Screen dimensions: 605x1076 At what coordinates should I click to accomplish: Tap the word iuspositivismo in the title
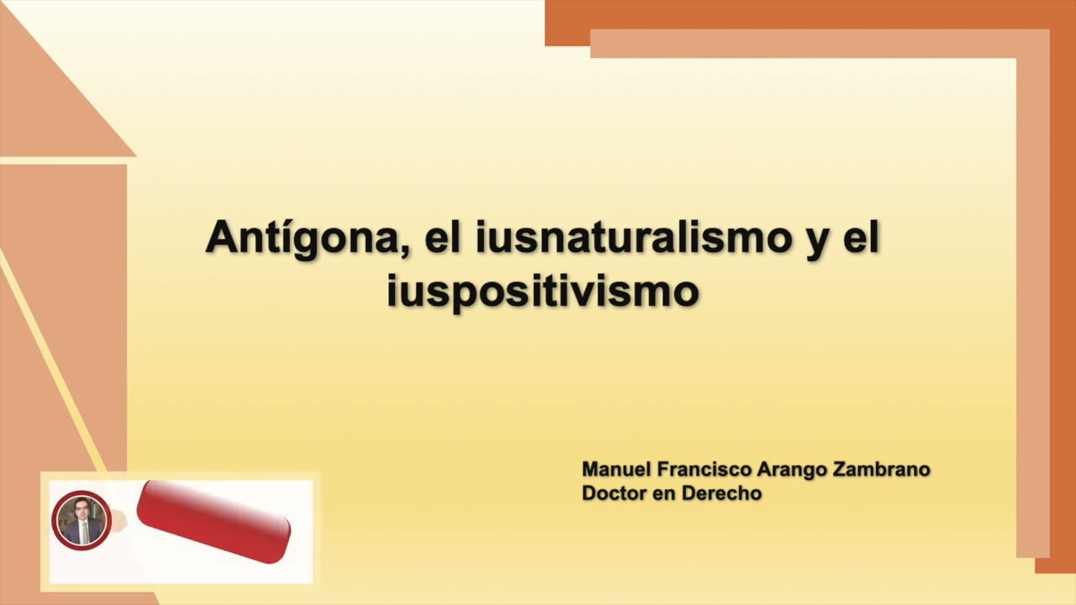point(543,291)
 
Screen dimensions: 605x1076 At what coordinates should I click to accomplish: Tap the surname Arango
point(786,470)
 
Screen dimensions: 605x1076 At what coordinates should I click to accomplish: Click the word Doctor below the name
point(612,493)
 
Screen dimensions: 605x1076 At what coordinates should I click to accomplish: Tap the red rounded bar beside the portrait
point(214,522)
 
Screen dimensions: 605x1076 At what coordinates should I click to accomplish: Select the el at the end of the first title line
point(860,239)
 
